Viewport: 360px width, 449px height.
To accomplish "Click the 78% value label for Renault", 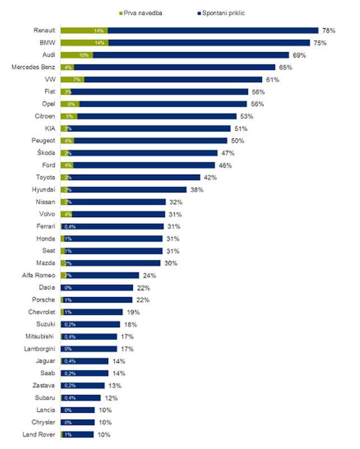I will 328,30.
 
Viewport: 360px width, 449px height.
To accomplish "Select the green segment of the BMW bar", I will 84,43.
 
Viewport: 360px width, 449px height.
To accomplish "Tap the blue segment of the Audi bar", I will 191,55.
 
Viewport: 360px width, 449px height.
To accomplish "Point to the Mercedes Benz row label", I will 33,67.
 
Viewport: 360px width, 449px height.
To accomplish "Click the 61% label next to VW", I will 272,80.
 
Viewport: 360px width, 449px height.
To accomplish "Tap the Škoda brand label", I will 47,153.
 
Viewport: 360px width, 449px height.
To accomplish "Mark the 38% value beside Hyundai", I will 196,190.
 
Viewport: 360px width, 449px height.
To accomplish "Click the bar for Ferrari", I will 112,226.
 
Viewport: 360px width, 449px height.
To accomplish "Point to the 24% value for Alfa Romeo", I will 149,276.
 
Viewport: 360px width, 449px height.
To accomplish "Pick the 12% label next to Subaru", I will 110,398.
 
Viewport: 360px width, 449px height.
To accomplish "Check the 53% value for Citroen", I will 246,116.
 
